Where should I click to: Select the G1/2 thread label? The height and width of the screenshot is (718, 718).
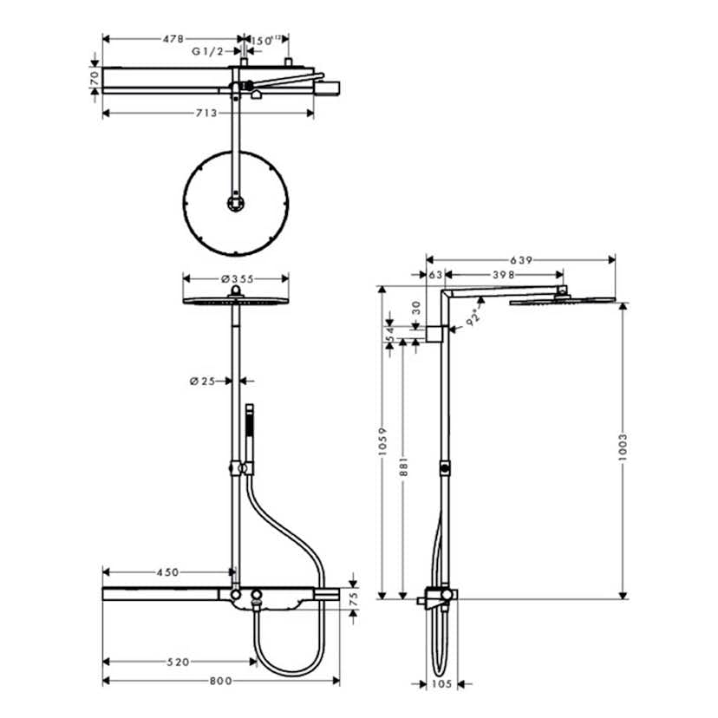point(207,52)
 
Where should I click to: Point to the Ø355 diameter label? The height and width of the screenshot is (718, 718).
point(236,278)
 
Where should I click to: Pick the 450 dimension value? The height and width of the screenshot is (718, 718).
point(166,572)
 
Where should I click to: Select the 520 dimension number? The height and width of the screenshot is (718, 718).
point(177,663)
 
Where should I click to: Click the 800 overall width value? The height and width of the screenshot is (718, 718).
point(220,682)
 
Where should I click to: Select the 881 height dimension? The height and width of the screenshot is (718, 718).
point(403,469)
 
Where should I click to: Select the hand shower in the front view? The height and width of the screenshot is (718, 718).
point(250,434)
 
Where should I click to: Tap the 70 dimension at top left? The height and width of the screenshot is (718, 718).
point(94,76)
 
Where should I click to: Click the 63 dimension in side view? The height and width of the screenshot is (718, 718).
point(435,275)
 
